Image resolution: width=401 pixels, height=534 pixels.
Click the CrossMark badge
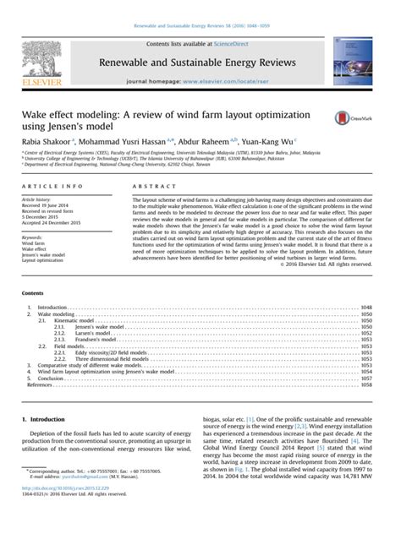click(x=356, y=119)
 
